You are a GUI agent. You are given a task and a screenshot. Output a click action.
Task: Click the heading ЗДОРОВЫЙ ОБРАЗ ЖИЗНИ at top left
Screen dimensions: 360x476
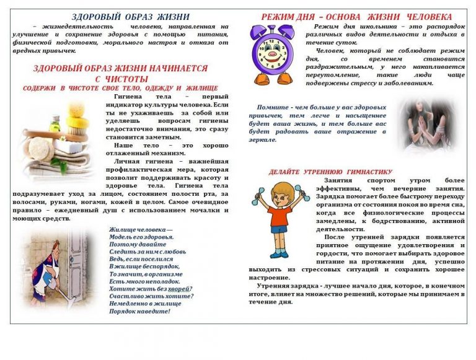[121, 17]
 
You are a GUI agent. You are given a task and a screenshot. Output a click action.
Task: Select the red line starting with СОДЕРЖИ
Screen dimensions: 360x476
[120, 89]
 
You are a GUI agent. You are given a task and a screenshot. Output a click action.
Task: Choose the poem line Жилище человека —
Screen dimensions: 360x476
[141, 230]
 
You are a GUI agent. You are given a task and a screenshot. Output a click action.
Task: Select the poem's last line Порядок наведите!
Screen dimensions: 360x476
[139, 311]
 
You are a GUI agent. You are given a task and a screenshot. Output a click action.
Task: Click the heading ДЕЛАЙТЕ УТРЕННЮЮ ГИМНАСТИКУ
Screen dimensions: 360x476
[330, 172]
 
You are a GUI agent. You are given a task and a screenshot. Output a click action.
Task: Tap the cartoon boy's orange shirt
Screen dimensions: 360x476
[281, 216]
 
